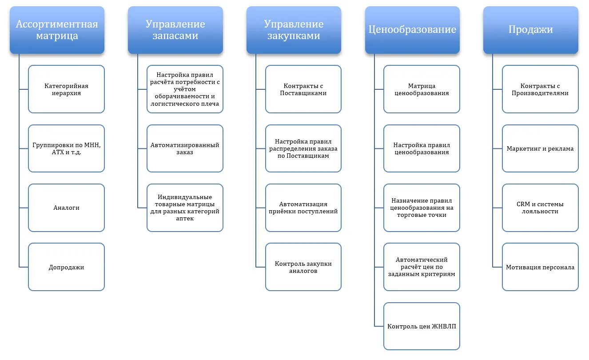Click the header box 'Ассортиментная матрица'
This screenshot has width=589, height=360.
pos(57,30)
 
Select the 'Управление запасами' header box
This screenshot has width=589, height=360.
pos(175,30)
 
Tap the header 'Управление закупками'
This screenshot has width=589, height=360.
pos(294,30)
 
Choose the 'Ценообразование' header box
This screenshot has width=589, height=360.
pos(412,30)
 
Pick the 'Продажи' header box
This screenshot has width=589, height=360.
pos(531,30)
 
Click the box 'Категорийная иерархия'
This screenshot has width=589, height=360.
pos(66,89)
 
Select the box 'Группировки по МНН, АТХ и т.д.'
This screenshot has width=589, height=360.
pos(66,148)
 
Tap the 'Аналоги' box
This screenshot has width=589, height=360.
pos(66,208)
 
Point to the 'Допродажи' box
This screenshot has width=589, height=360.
pos(66,267)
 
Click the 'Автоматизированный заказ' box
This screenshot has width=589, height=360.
pos(185,148)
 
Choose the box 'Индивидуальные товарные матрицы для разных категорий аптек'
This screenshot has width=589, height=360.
pos(185,208)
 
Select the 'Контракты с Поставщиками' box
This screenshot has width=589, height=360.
pos(303,89)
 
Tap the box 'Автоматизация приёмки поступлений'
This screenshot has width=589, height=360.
pos(303,208)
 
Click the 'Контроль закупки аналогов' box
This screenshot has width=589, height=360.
pos(303,267)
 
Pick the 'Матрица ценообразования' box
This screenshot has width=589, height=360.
pos(422,89)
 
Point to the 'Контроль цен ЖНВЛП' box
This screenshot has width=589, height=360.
pos(422,326)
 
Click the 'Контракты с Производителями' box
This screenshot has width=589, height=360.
pos(540,89)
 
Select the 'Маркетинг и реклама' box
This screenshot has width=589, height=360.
pos(540,148)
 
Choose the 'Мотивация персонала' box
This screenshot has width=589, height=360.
pos(540,267)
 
